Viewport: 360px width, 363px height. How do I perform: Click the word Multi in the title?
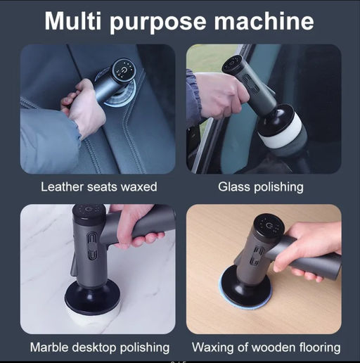click(x=73, y=21)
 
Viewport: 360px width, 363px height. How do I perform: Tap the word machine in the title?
click(x=264, y=21)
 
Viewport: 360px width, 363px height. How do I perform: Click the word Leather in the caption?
click(x=62, y=187)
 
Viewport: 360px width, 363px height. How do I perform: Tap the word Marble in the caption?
click(x=49, y=348)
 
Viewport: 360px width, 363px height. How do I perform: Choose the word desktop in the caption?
click(x=94, y=348)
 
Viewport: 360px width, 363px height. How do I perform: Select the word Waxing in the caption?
click(x=213, y=348)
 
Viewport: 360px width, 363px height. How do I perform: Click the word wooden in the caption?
click(x=271, y=348)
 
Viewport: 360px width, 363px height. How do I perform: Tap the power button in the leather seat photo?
click(x=124, y=70)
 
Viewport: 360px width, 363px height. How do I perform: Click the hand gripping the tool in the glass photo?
click(x=220, y=96)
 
